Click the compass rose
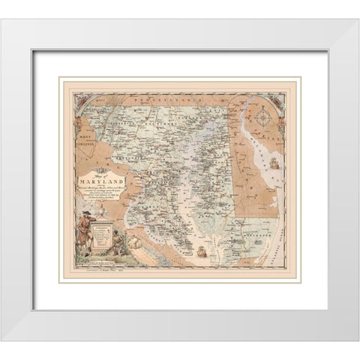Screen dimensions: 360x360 click(268, 116)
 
